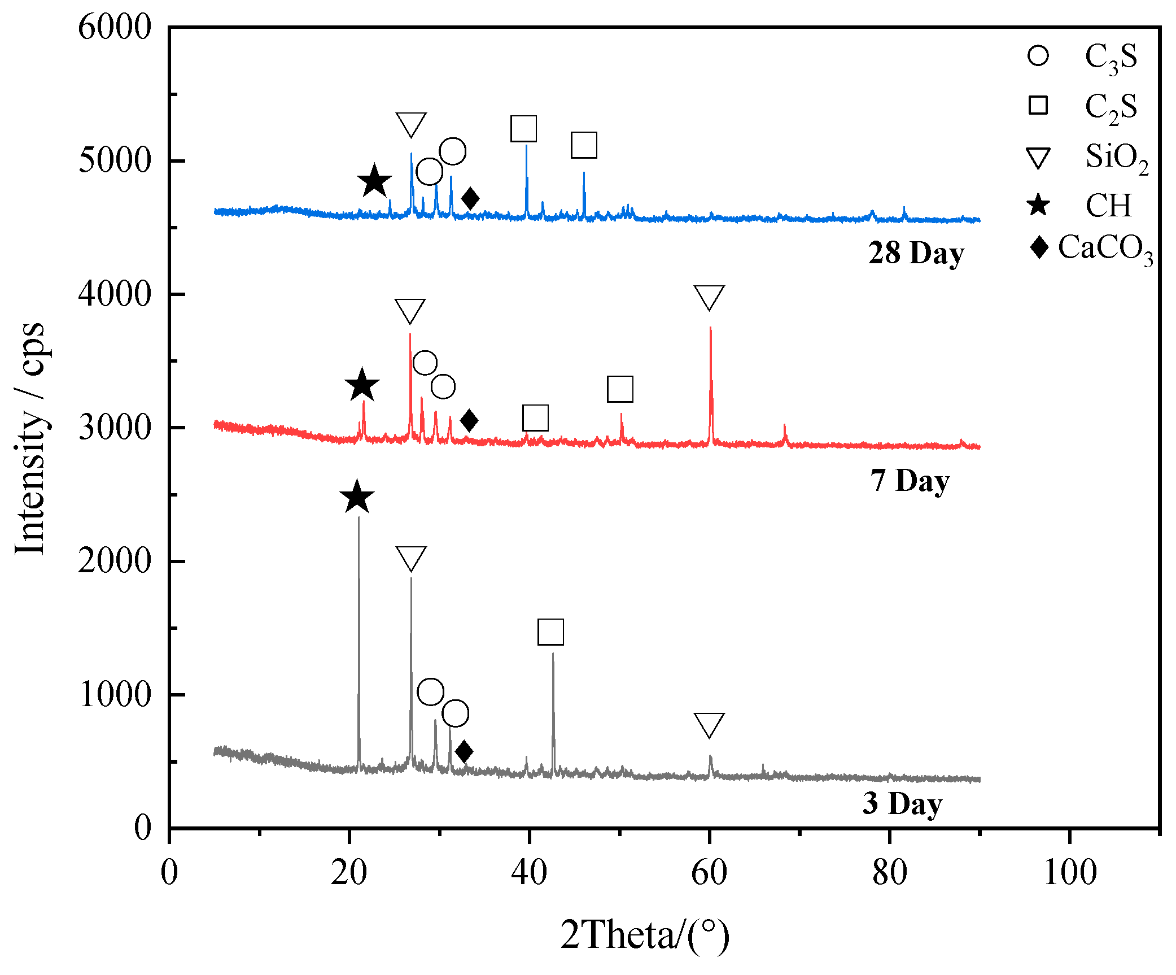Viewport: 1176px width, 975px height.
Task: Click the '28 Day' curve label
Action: tap(916, 253)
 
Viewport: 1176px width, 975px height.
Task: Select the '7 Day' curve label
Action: tap(910, 481)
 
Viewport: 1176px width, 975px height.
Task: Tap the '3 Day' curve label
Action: tap(902, 803)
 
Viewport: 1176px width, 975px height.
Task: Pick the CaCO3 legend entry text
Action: tap(1104, 249)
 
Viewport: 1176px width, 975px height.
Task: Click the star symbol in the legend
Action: tap(1038, 204)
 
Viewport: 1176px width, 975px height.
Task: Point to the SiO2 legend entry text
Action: tap(1116, 158)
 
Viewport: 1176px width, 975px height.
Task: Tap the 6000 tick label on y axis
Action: tap(115, 27)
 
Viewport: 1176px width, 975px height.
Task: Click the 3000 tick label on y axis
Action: tap(115, 428)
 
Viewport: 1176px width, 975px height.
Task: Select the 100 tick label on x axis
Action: tap(1069, 873)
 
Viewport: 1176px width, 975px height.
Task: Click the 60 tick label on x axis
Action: tap(709, 873)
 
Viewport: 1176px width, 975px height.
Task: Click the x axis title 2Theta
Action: tap(644, 935)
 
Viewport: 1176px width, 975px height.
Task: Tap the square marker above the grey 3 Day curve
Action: tap(550, 632)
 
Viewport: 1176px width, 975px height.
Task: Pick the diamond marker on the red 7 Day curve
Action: tap(469, 420)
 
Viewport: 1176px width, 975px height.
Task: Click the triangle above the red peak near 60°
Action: tap(709, 297)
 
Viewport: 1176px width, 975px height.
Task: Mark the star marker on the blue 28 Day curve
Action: tap(374, 181)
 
